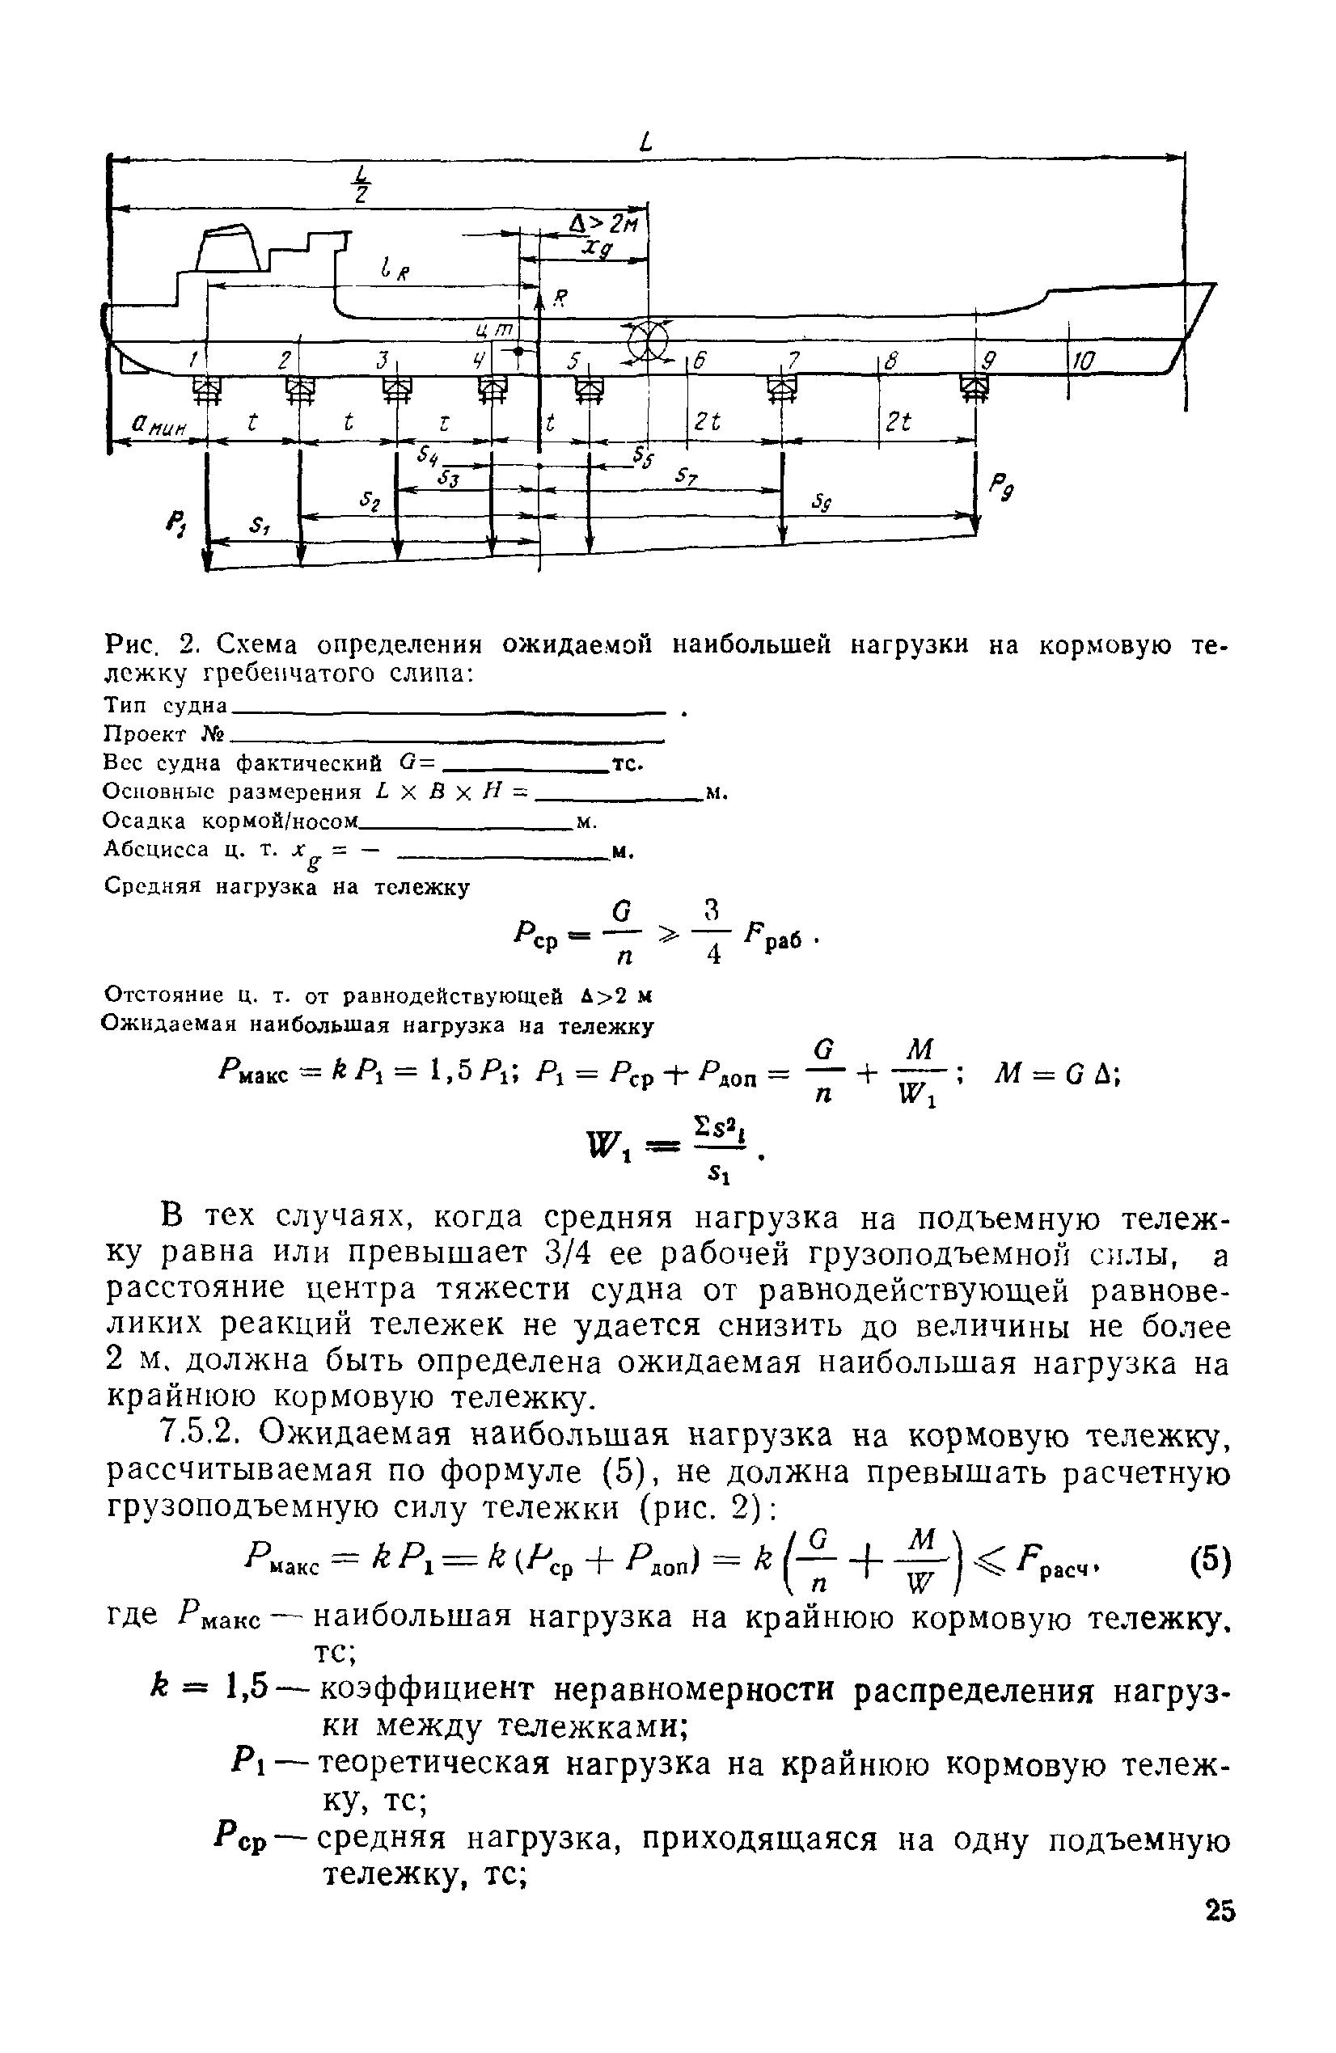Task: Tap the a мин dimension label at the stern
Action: (x=157, y=425)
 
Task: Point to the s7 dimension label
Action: (x=687, y=476)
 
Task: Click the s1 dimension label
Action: (x=258, y=526)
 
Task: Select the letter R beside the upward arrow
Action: (x=560, y=298)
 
